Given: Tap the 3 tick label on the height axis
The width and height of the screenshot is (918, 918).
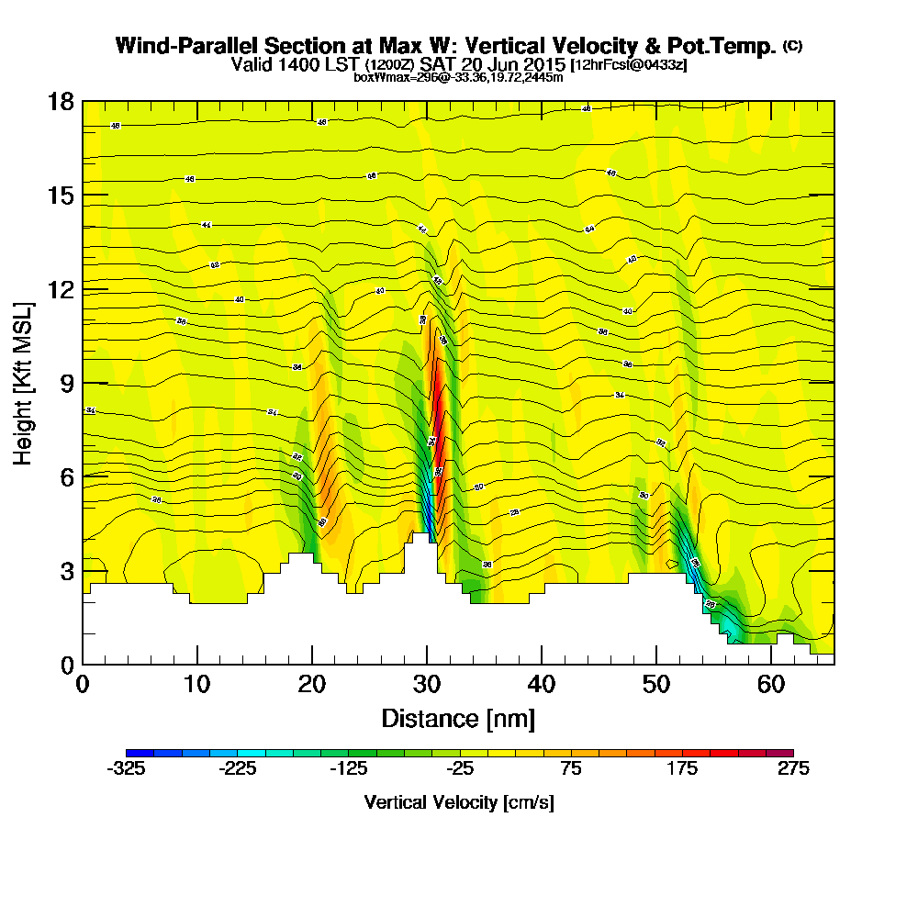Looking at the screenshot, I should click(66, 571).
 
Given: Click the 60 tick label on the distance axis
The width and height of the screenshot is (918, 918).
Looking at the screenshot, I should click(770, 685).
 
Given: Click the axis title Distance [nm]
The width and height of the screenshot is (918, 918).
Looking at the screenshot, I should click(458, 718).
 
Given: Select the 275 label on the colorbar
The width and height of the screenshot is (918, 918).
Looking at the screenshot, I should click(793, 769).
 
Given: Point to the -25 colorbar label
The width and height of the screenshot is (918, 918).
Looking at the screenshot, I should click(459, 769).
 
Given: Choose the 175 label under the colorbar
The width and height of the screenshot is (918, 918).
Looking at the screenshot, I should click(682, 769).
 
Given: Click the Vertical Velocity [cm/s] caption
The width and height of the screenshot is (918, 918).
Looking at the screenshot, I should click(459, 802).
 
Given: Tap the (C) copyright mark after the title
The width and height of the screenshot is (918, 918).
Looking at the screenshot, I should click(792, 46).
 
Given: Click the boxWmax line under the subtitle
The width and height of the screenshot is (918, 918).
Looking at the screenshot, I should click(458, 77).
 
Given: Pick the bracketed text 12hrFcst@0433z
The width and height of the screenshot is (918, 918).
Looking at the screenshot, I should click(629, 65).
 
